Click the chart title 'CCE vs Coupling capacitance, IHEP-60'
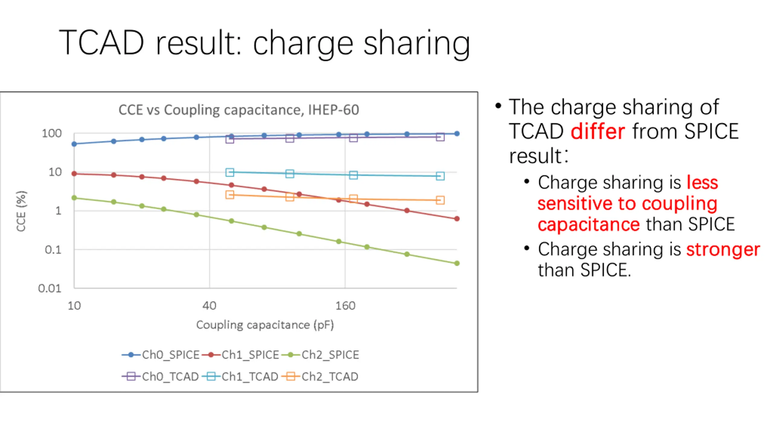239,110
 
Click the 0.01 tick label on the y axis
50,288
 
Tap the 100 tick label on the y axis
52,133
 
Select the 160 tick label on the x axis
345,306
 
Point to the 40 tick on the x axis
209,306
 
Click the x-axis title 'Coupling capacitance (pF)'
265,325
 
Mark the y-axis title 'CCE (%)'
21,211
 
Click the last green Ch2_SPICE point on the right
457,263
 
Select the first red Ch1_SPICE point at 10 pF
74,174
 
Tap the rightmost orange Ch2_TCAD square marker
440,200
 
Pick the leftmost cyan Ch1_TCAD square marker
230,172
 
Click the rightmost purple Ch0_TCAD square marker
440,137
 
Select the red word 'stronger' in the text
723,250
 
